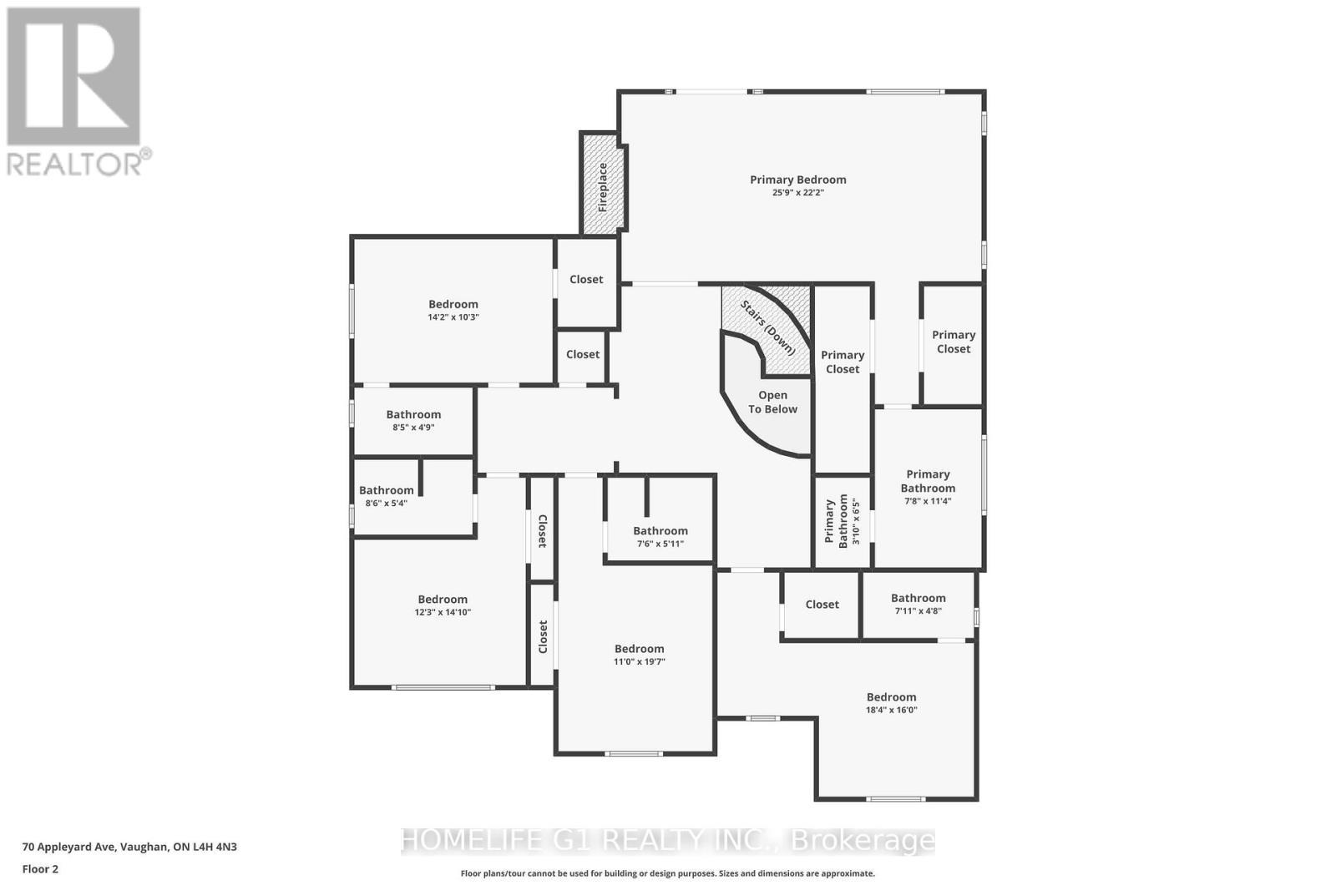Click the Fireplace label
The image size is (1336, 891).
pos(602,186)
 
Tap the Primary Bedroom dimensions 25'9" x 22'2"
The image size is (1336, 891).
pos(797,193)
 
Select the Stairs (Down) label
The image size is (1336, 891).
pos(767,327)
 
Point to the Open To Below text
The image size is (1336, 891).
pos(772,402)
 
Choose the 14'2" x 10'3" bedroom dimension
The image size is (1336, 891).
pos(453,317)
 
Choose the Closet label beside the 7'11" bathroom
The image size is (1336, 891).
pos(822,605)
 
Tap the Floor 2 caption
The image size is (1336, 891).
pos(40,869)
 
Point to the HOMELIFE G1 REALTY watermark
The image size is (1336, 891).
pos(668,840)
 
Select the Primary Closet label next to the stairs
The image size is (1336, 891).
pos(842,362)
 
